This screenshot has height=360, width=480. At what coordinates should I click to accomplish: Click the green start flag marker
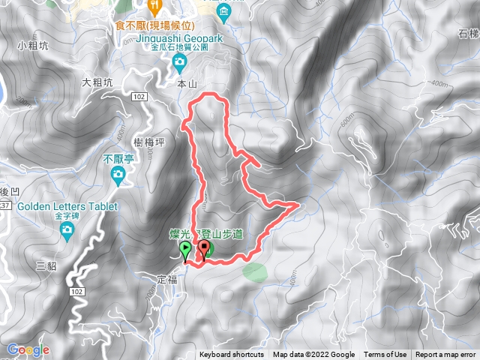185,250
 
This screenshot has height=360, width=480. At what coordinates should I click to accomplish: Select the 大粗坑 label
97,82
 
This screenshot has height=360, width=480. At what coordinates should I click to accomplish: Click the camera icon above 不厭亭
117,175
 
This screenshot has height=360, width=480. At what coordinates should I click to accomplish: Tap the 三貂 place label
46,265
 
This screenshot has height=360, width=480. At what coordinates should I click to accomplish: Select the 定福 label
167,278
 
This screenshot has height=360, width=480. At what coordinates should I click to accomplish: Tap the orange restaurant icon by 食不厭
154,7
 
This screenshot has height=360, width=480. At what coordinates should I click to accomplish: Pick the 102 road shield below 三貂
76,291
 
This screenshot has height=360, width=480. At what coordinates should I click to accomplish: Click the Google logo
28,349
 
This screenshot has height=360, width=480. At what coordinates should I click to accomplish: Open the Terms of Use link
385,355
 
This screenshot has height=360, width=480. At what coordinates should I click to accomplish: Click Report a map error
446,355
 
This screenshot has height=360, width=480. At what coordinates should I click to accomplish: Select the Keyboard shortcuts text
232,355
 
